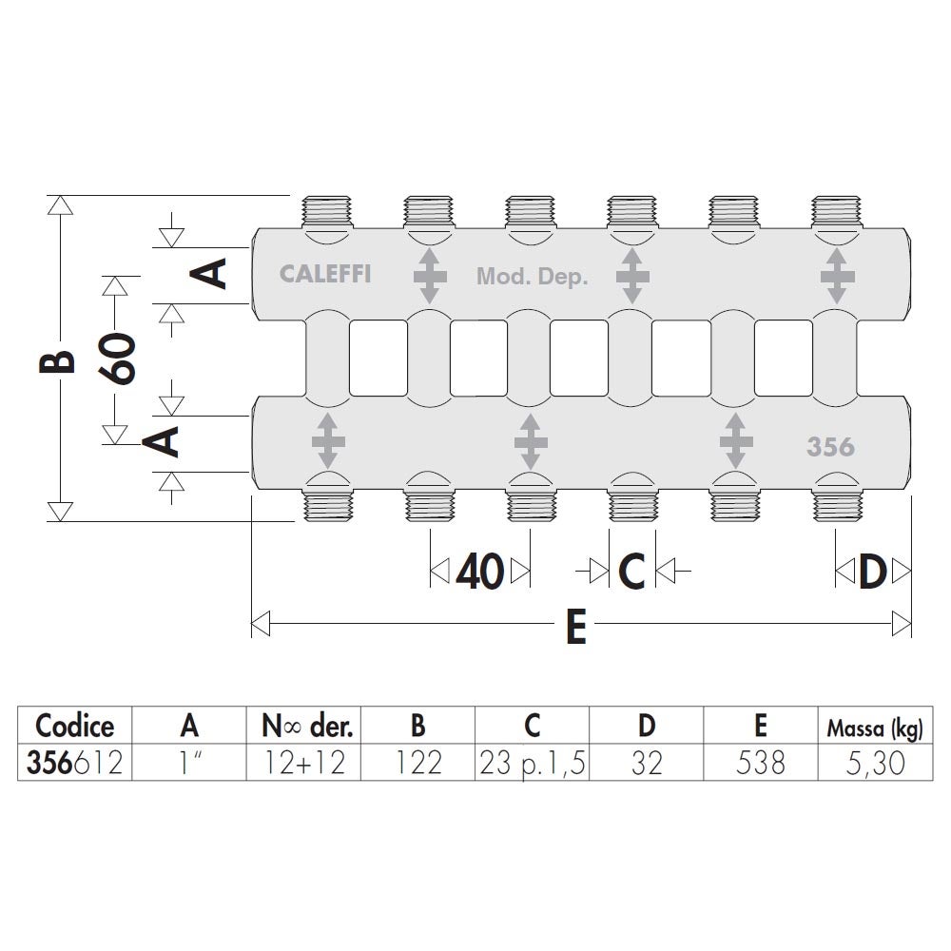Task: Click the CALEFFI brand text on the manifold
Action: [325, 274]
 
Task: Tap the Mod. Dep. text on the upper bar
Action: [532, 277]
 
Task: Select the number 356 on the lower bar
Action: [830, 447]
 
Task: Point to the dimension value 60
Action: [117, 358]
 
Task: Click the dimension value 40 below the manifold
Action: [479, 572]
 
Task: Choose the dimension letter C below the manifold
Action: [631, 572]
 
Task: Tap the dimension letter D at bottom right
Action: [873, 572]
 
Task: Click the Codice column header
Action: [74, 726]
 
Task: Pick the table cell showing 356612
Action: [74, 763]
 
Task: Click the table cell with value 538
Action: [761, 763]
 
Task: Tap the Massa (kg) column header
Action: [875, 728]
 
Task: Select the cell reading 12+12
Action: [304, 763]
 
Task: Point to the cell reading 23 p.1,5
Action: [532, 763]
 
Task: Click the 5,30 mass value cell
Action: [875, 763]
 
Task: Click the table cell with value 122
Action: [417, 763]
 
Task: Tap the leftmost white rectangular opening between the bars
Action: [378, 358]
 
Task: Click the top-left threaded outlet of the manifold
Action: [327, 212]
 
